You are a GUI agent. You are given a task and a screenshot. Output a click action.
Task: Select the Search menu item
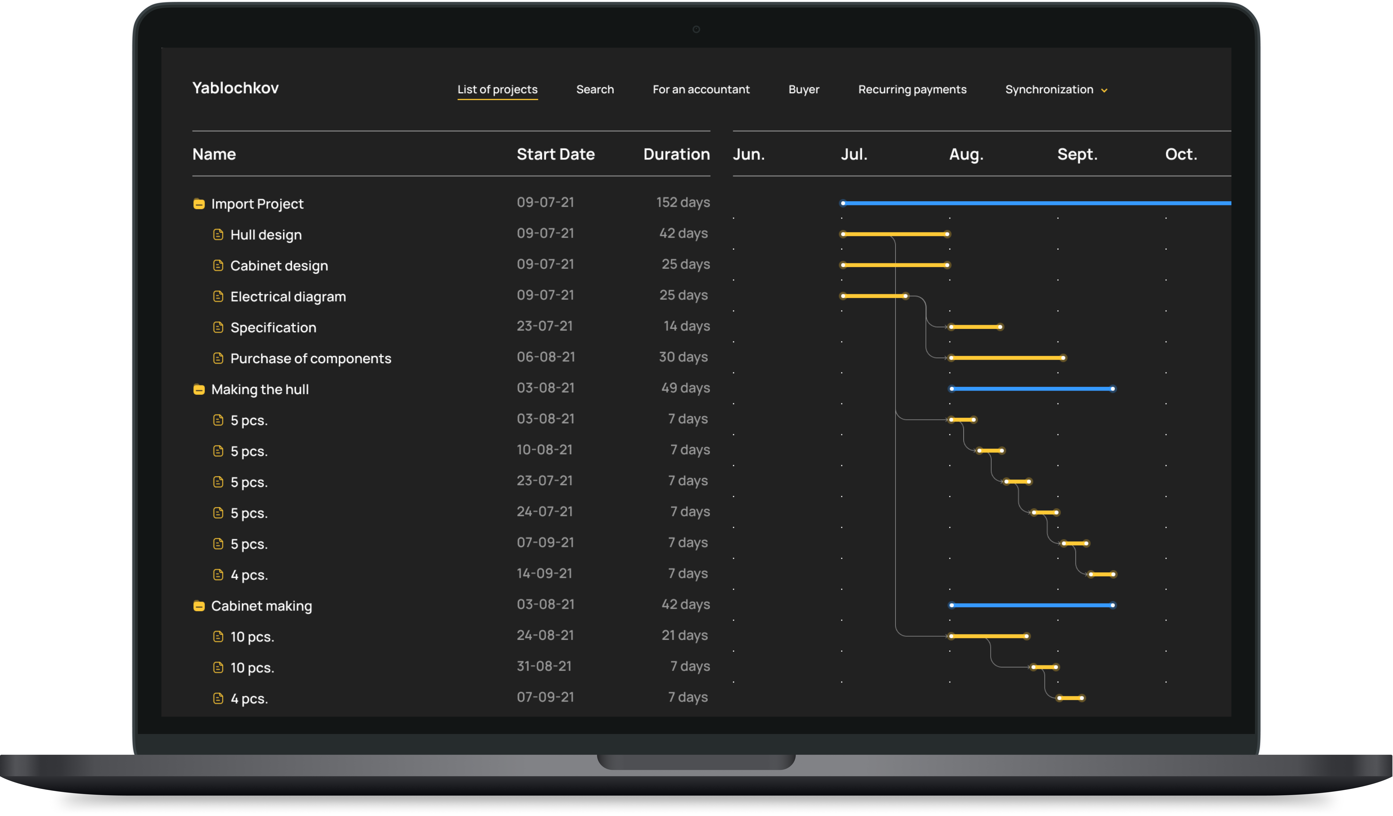595,90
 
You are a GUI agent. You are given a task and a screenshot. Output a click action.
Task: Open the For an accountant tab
701,90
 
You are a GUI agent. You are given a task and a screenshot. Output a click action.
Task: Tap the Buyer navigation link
804,90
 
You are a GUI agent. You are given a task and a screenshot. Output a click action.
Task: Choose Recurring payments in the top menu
912,90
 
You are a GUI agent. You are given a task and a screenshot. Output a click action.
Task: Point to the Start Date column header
556,154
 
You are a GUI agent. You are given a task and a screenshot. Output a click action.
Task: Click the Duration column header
677,154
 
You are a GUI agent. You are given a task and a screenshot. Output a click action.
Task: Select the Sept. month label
1077,154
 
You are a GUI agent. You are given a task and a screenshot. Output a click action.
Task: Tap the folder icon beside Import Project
199,204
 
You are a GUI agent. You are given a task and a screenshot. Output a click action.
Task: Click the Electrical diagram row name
288,297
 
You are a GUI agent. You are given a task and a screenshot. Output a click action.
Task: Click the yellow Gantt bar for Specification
976,327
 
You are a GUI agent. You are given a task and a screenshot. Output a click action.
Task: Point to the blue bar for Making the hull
1032,389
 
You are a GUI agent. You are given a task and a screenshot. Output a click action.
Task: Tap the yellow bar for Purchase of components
1007,358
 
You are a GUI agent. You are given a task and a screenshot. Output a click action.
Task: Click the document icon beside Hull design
218,235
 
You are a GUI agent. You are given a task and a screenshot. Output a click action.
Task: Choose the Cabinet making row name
262,606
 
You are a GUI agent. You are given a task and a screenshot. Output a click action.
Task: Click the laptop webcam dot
696,29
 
